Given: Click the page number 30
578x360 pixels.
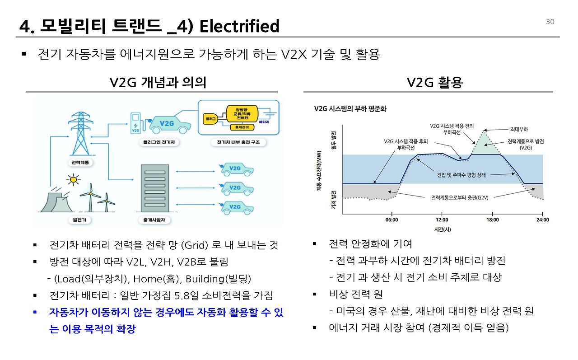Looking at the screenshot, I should click(550, 22).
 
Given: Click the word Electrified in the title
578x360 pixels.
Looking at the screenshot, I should click(239, 26).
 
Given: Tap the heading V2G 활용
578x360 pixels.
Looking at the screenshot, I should click(435, 82).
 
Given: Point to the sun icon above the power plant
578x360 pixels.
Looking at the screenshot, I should click(72, 180).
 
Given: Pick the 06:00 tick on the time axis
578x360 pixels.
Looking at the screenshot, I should click(392, 220).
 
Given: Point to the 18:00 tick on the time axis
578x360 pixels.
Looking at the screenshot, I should click(492, 220).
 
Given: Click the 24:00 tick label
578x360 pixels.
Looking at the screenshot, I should click(542, 220).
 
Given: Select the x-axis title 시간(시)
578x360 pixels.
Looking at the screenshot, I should click(443, 229).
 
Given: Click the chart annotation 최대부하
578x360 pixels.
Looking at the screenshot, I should click(520, 129).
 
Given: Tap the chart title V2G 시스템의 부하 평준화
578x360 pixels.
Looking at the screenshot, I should click(350, 109).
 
